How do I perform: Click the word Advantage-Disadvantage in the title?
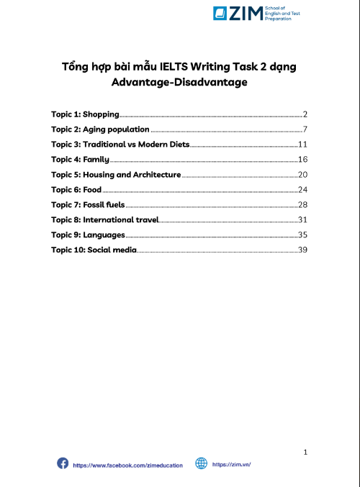tap(179, 83)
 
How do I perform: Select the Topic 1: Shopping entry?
tap(84, 114)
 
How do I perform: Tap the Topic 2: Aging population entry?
tap(100, 129)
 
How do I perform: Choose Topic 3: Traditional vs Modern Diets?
tap(120, 144)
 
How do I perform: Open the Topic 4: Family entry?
tap(80, 159)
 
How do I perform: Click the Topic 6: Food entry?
tap(76, 189)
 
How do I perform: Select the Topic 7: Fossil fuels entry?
tap(88, 204)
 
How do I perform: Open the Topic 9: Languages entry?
tap(88, 235)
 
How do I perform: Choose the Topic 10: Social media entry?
tap(94, 250)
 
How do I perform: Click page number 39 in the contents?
tap(302, 250)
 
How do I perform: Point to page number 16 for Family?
tap(302, 159)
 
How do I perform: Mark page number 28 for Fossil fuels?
tap(302, 204)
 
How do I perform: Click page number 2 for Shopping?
tap(305, 114)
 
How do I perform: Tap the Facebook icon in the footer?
tap(63, 464)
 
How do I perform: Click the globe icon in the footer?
tap(201, 464)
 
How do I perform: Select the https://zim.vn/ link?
tap(231, 465)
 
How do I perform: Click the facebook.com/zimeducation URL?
tap(128, 465)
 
